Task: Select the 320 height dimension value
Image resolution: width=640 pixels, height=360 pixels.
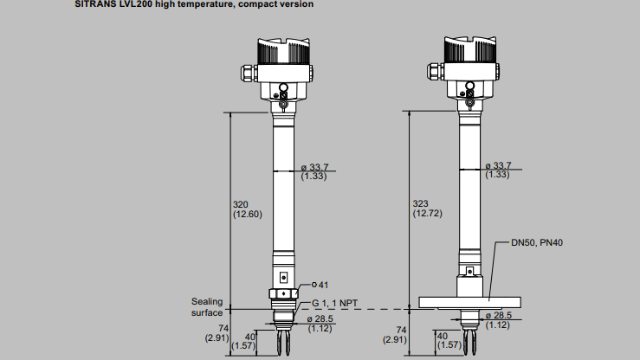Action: click(x=242, y=204)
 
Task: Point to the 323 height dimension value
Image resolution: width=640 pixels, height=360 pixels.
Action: click(x=420, y=203)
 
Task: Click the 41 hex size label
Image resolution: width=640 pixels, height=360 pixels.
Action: click(x=321, y=285)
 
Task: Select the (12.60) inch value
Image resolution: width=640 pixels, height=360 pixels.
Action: click(x=247, y=214)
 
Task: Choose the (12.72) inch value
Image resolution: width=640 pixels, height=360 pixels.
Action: click(x=425, y=213)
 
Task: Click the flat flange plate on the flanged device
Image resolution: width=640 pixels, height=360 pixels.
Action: click(x=467, y=302)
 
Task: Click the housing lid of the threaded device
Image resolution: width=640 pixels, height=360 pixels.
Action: click(x=284, y=50)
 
